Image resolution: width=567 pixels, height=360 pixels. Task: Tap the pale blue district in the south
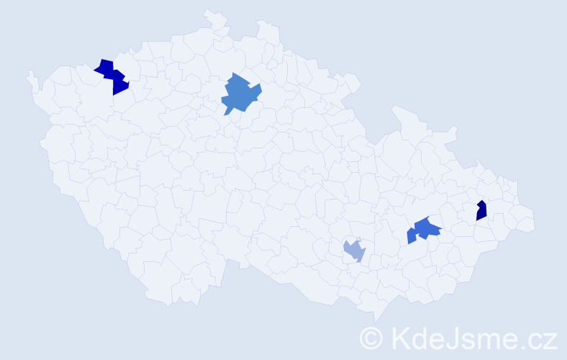point(354,250)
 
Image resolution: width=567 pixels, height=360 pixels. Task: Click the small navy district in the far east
point(481,210)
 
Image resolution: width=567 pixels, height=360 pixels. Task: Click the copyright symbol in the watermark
point(371,337)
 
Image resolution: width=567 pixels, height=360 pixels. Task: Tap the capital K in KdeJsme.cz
point(397,337)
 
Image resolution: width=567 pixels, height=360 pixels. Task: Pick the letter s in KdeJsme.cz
point(465,339)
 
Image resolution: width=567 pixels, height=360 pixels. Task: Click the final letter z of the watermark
point(549,339)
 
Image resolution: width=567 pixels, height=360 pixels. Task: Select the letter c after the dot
point(533,339)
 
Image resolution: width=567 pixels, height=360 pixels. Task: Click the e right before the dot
point(508,339)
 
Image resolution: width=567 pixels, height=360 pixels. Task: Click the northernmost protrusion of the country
point(207,11)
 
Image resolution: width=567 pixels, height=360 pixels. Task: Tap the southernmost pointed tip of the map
point(376,322)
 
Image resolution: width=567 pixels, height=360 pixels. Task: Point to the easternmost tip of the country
point(535,223)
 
